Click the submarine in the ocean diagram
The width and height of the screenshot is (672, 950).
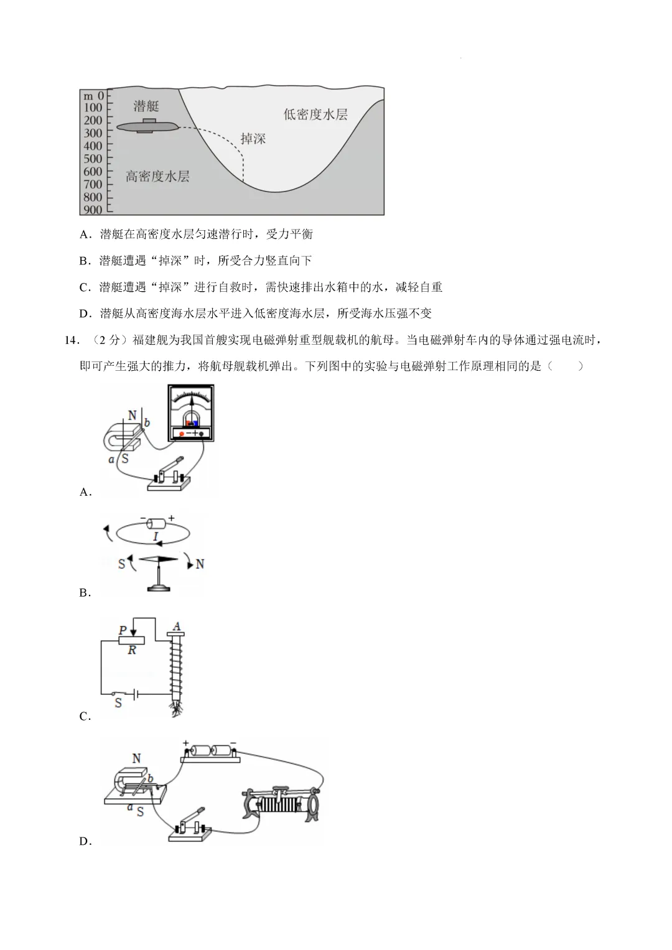coord(147,126)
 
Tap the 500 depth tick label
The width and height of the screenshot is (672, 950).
coord(93,159)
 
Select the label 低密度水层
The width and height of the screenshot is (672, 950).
coord(315,114)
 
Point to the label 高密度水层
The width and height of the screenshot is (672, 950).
coord(157,176)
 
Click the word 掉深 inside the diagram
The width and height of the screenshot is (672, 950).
coord(253,138)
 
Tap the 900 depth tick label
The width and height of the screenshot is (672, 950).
coord(93,210)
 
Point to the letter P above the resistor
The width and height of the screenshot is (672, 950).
coord(123,630)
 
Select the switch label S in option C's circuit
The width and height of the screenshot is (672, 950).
coord(118,703)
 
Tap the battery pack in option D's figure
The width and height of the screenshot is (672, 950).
coord(210,751)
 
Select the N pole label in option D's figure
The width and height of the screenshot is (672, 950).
coord(136,758)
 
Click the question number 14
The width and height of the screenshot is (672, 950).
coord(70,340)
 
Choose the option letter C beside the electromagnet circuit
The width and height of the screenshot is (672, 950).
coord(85,716)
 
